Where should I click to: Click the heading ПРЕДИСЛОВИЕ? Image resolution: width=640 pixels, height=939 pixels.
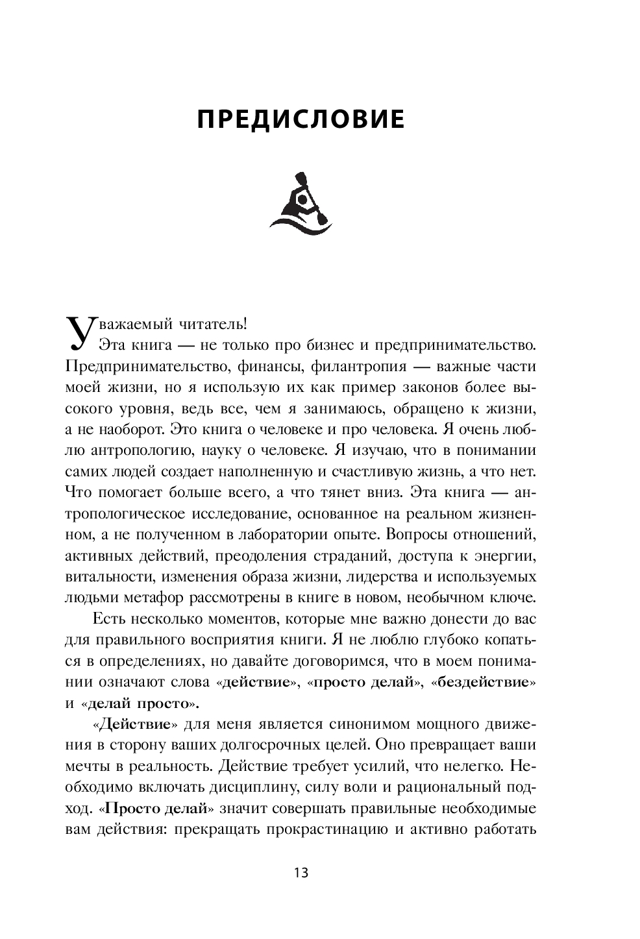(x=301, y=120)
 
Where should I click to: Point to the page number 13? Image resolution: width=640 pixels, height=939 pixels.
(x=301, y=872)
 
